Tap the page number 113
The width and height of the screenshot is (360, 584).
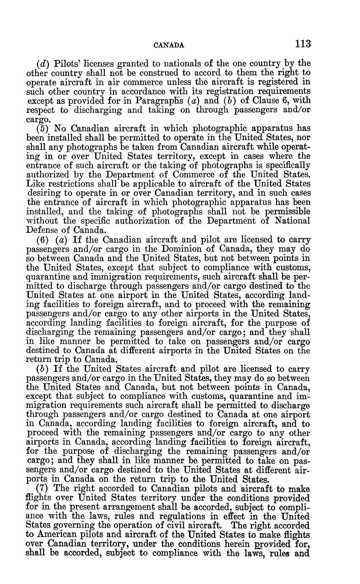pyautogui.click(x=303, y=44)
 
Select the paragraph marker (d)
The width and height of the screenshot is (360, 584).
pyautogui.click(x=43, y=64)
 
